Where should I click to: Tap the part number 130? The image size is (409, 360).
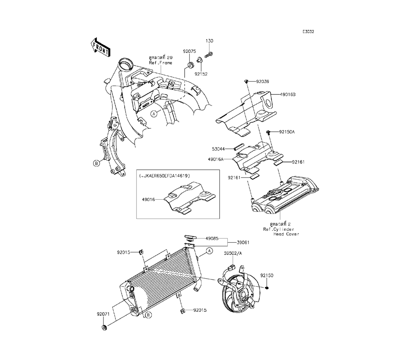209,41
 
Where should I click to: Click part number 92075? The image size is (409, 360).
189,52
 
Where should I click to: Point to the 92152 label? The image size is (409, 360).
201,74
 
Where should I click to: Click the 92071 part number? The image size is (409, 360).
104,314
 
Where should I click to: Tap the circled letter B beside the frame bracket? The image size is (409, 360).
97,163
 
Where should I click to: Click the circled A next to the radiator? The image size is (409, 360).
208,250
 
